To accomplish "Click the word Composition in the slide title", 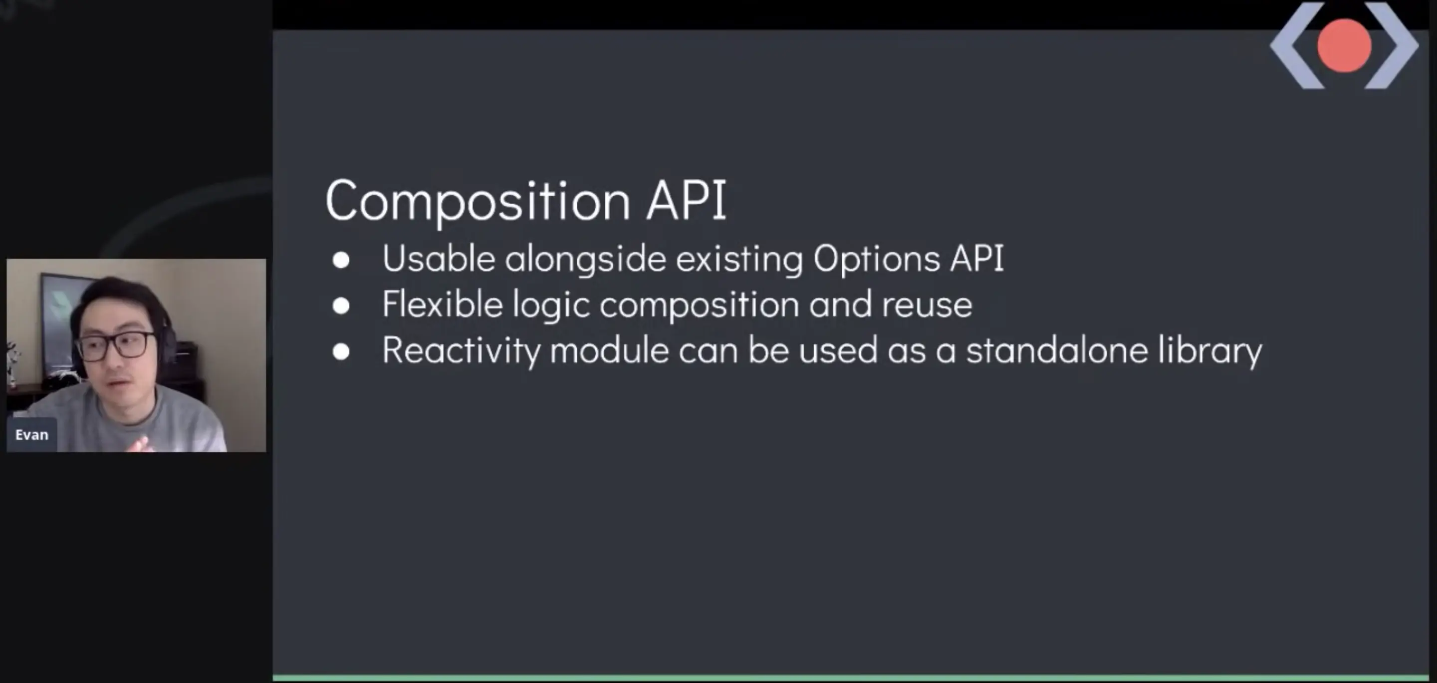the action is click(x=478, y=201).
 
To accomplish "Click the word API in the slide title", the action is click(x=687, y=199).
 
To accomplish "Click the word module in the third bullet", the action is click(x=609, y=350).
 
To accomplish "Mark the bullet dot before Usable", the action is click(x=341, y=260).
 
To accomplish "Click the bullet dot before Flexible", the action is click(x=341, y=306).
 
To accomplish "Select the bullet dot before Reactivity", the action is click(x=341, y=351).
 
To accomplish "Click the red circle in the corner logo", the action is click(x=1344, y=46).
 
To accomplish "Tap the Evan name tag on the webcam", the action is click(x=32, y=435).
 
